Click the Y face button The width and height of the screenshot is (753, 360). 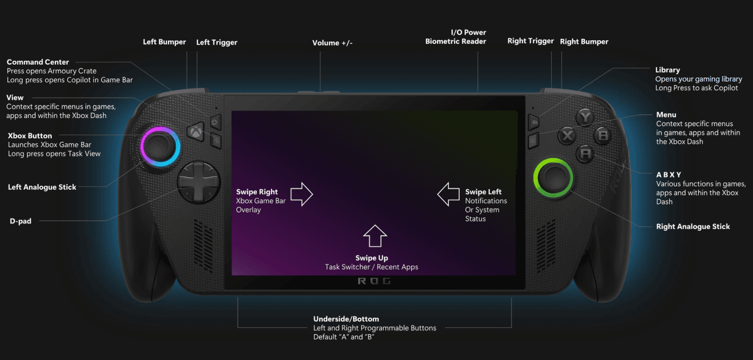585,117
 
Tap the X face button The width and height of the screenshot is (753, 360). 568,136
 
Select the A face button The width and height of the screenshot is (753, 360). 585,154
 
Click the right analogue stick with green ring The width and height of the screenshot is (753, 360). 553,178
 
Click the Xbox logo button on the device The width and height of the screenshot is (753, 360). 196,132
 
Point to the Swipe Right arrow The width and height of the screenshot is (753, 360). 302,194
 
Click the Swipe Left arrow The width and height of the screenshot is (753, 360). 448,194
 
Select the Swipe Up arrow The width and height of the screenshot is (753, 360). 375,236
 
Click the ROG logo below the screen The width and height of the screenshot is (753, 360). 374,281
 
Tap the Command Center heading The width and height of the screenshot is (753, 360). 38,62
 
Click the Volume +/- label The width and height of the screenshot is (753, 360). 332,43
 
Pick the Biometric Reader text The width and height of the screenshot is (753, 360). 456,41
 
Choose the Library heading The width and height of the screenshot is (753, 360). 667,70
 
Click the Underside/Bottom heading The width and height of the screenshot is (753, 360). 346,319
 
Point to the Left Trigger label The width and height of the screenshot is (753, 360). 217,42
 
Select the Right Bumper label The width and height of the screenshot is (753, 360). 584,41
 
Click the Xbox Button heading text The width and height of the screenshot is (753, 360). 30,136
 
